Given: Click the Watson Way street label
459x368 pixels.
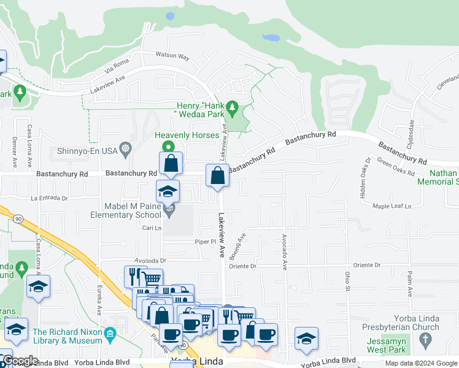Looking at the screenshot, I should point(172,56).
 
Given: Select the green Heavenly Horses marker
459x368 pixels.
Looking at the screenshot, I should point(168,146).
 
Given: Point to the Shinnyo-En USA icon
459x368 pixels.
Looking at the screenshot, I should point(126,148).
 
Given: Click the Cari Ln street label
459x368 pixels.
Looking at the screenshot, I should point(152,228).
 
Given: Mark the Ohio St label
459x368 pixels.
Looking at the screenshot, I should point(347,282).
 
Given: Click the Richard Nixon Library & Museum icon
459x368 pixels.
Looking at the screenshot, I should point(110,334).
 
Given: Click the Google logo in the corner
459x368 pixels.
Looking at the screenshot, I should point(20,361).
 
